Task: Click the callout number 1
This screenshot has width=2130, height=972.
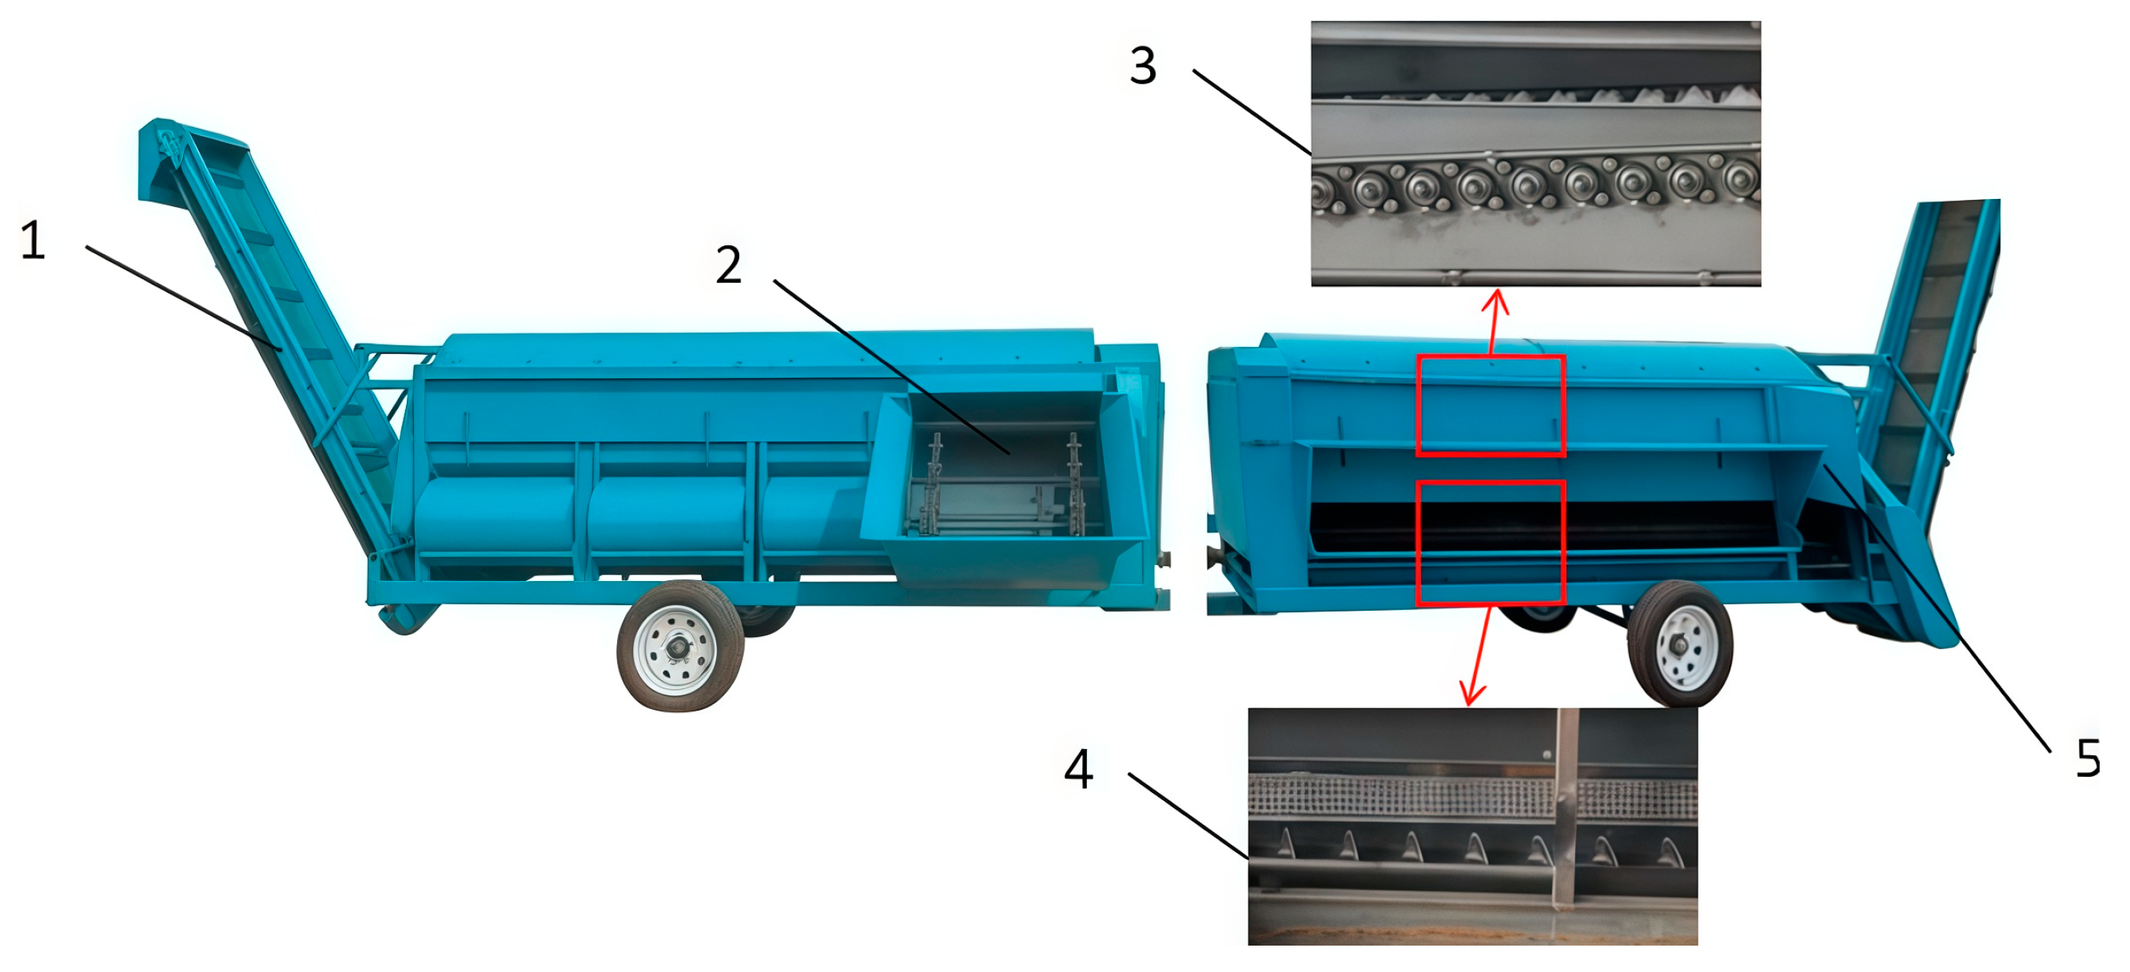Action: tap(32, 241)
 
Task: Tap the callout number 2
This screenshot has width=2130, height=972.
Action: tap(728, 265)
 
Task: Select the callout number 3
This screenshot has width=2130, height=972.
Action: tap(1143, 66)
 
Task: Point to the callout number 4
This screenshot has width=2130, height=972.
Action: tap(1078, 769)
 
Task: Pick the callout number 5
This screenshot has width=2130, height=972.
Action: tap(2087, 758)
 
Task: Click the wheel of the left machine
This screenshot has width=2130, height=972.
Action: tap(679, 646)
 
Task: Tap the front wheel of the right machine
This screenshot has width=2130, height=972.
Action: tap(1679, 643)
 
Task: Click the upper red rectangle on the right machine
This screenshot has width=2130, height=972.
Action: tap(1491, 405)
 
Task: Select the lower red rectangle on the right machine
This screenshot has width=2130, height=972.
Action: tap(1491, 543)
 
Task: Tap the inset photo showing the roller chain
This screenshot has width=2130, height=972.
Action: tap(1535, 153)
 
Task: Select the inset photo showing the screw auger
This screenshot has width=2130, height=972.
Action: tap(1473, 827)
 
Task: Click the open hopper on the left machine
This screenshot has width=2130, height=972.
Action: tap(1005, 488)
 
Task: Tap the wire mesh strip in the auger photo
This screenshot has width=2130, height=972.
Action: tap(1473, 798)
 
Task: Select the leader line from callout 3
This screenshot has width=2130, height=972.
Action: tap(1252, 113)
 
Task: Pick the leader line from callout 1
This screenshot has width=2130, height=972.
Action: tap(185, 299)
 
